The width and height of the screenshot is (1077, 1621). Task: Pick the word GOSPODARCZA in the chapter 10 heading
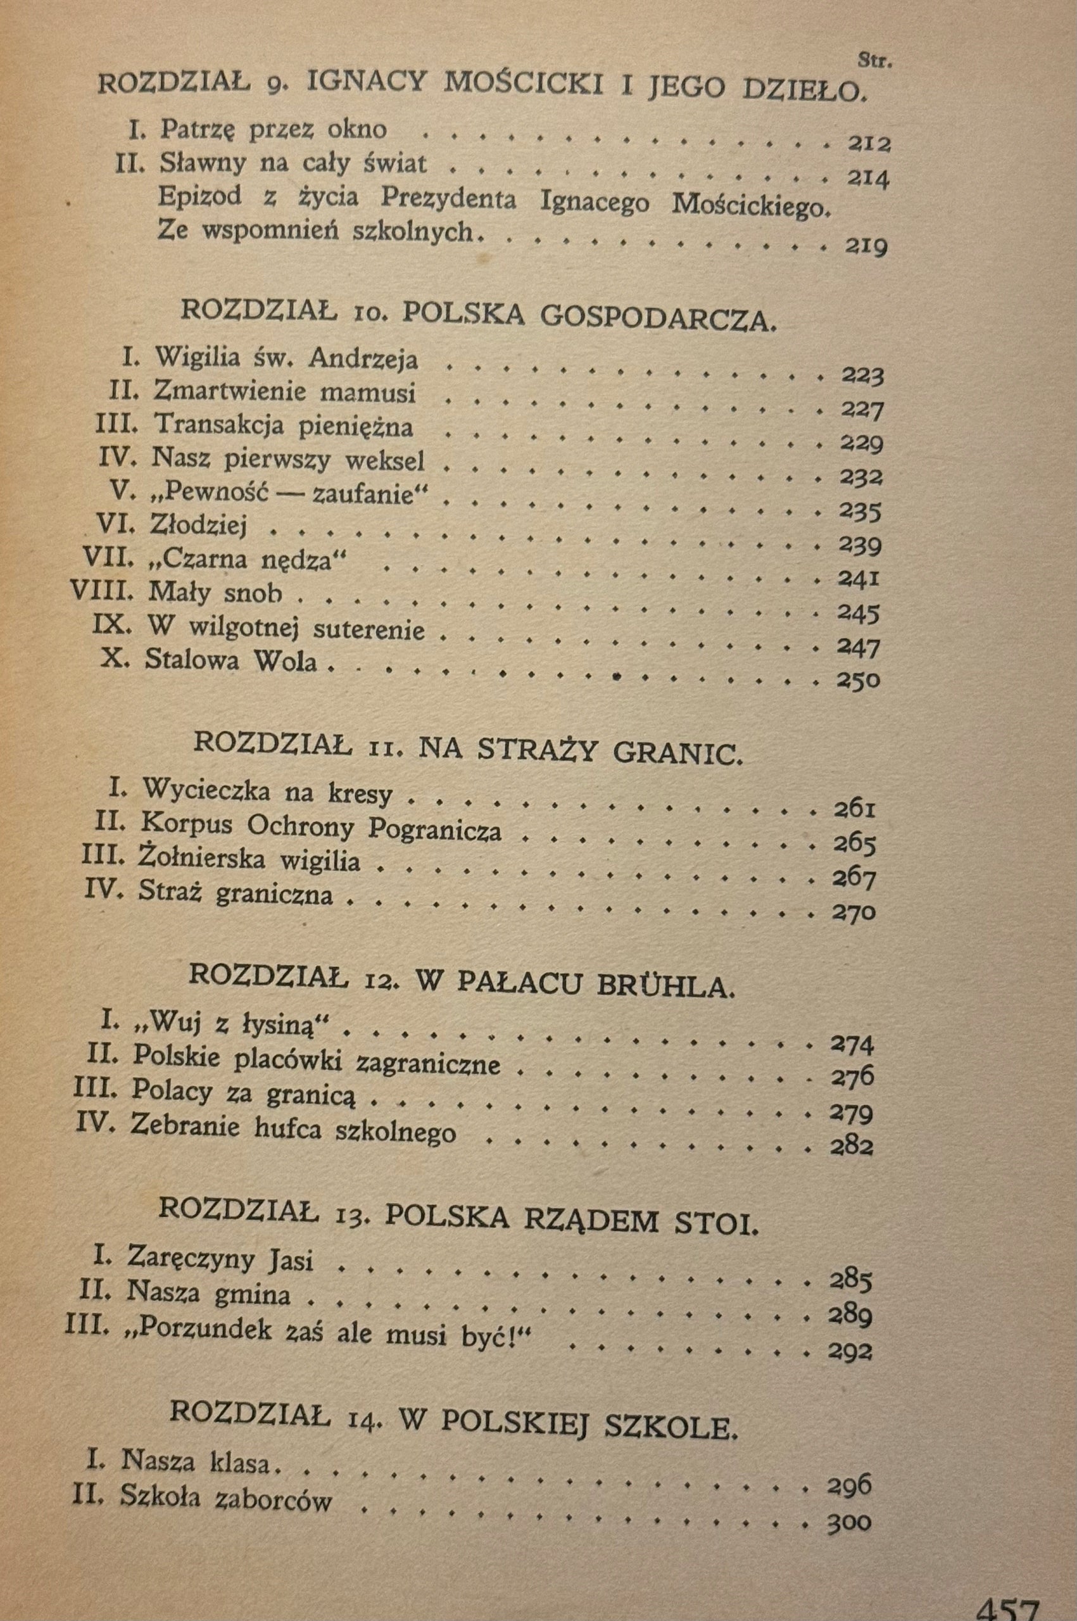point(658,317)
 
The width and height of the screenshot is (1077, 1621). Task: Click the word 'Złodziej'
point(199,526)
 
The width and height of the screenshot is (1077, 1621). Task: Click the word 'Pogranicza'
point(435,830)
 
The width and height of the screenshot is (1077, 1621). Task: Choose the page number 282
point(851,1146)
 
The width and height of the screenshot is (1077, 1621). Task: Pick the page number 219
point(866,246)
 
